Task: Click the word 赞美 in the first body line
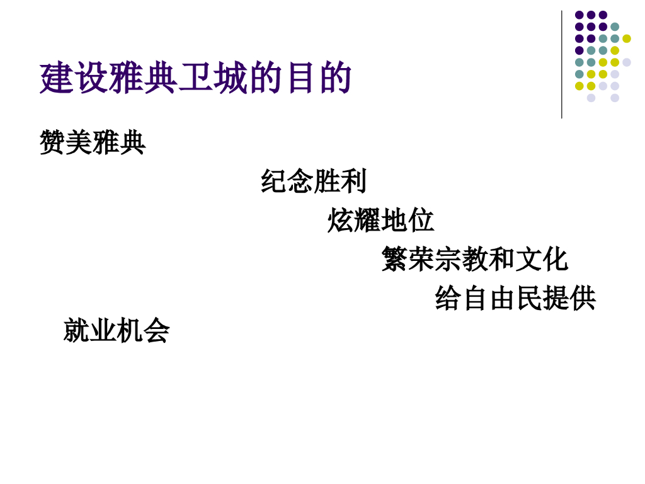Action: click(x=66, y=142)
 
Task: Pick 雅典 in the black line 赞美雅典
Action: click(x=119, y=142)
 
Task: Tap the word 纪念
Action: click(x=287, y=181)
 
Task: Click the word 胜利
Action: click(x=340, y=181)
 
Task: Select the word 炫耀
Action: click(x=354, y=221)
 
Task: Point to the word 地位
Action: click(x=408, y=221)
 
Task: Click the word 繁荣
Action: click(x=408, y=259)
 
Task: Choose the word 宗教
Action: click(x=462, y=259)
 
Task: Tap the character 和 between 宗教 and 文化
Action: click(x=501, y=259)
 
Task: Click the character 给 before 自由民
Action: click(x=448, y=298)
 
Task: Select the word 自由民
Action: click(x=501, y=298)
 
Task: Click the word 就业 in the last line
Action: click(x=90, y=331)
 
